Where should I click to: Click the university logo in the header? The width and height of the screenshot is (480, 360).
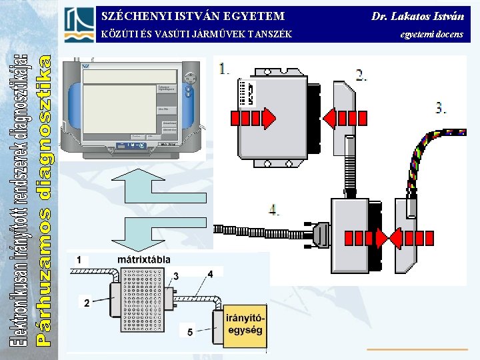[x=79, y=24]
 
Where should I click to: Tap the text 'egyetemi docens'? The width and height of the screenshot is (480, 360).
[x=431, y=33]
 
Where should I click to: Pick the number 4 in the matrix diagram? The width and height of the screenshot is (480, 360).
[x=210, y=273]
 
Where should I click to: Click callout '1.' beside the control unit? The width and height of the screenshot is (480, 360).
[x=224, y=67]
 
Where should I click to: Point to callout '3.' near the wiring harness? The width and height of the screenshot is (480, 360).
[x=441, y=108]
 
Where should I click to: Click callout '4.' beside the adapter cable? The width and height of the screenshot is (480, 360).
[x=274, y=209]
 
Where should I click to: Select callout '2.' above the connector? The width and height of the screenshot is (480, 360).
[x=361, y=75]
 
